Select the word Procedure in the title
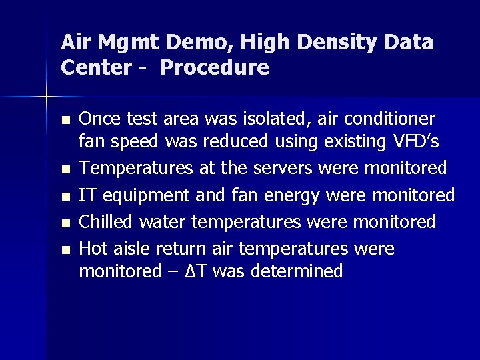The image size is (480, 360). [215, 67]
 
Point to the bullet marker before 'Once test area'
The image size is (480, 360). [64, 121]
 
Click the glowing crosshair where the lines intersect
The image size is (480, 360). [46, 97]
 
